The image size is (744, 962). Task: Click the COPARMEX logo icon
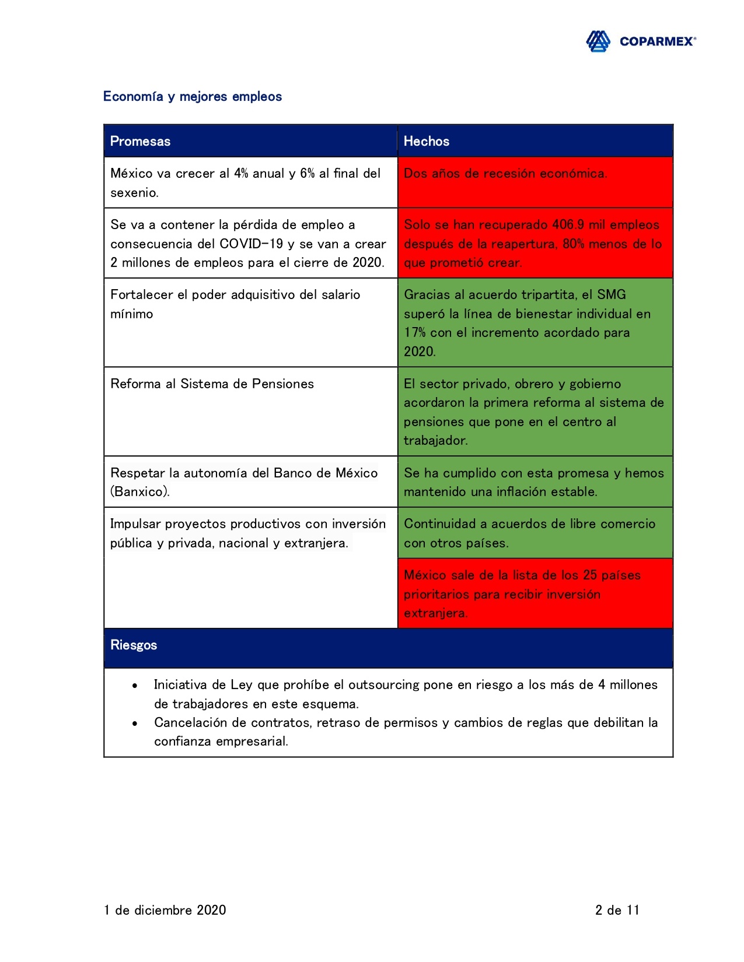click(x=598, y=41)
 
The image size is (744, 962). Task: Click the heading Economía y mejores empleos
click(x=192, y=96)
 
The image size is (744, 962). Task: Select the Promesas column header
click(x=140, y=141)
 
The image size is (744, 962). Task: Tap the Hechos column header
click(x=427, y=141)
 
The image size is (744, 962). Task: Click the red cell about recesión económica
click(x=535, y=182)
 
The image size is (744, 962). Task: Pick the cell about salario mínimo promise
click(x=250, y=322)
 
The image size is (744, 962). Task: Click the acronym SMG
click(x=612, y=295)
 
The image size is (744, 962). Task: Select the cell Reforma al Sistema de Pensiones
click(x=250, y=410)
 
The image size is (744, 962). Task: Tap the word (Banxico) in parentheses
click(x=140, y=491)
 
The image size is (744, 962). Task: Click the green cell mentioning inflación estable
click(x=535, y=482)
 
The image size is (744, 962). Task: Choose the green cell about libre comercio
click(x=535, y=533)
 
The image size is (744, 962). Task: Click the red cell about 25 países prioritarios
click(x=535, y=594)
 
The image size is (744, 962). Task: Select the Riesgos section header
click(x=134, y=645)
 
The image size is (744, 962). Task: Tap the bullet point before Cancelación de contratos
click(x=135, y=724)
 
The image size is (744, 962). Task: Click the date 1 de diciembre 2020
click(x=165, y=910)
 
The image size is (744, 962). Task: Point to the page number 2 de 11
click(x=617, y=910)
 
